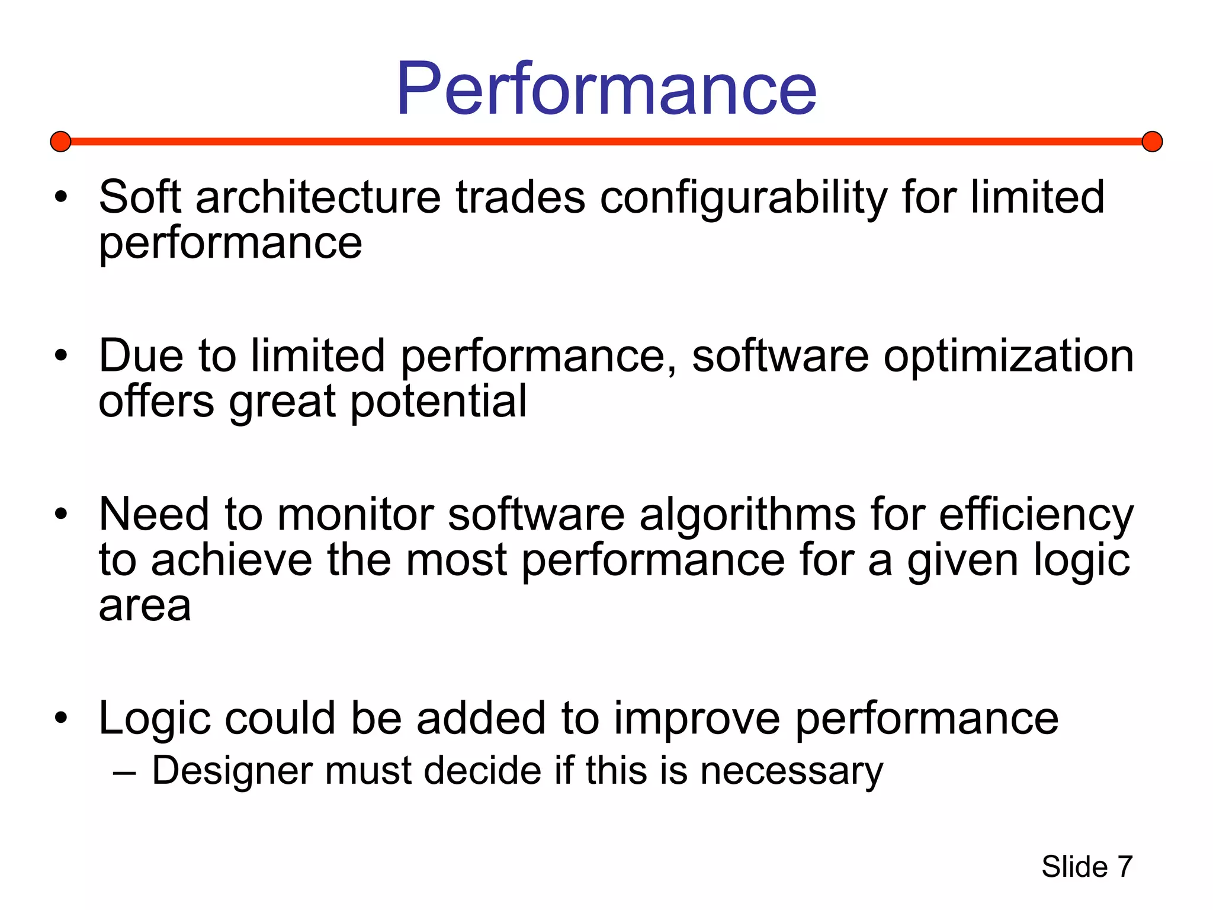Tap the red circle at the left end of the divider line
[60, 142]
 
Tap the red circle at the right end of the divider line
[1152, 142]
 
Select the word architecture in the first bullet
[318, 197]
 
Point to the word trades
[520, 197]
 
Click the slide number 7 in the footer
[1124, 867]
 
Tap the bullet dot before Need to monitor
[61, 514]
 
